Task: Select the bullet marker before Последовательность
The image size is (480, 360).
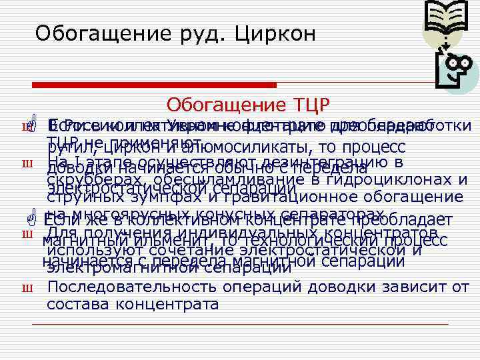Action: [29, 289]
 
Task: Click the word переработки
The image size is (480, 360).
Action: [439, 126]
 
